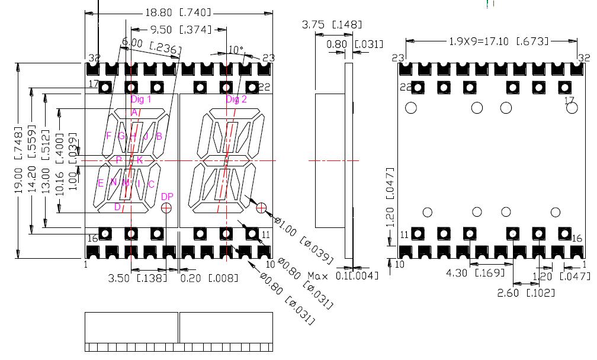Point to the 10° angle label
236,49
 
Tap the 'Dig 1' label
141,99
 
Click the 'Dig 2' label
236,99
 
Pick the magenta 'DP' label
167,197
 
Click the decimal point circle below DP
166,208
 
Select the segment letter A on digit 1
134,112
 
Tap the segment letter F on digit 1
108,136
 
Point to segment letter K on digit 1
140,160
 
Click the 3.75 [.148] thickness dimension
332,25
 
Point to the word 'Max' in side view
319,277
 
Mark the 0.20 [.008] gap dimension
209,278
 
